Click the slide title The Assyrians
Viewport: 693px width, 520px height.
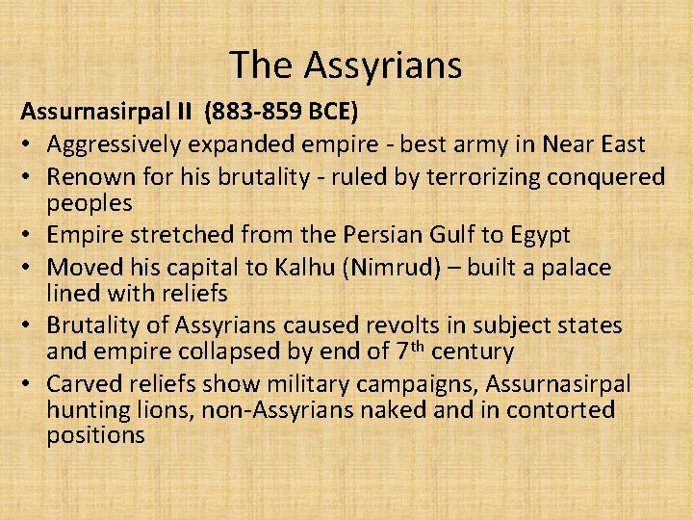346,65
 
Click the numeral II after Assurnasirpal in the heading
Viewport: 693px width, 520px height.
184,112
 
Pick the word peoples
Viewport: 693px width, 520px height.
90,202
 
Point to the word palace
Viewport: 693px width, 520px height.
575,268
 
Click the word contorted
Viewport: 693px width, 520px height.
559,409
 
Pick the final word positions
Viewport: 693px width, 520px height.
95,434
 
